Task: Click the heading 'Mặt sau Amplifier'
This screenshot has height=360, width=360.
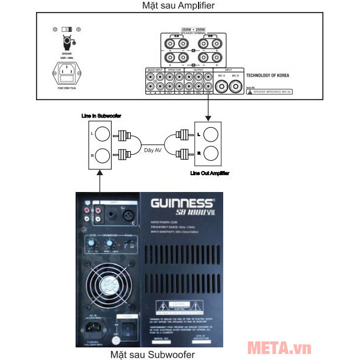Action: point(179,5)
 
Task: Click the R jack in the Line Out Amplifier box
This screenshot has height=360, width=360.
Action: point(210,154)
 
